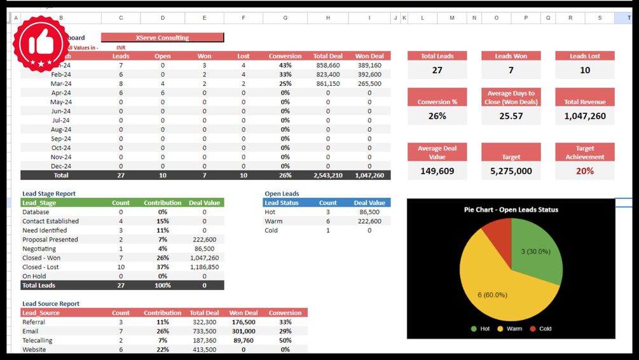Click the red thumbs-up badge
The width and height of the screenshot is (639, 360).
[x=42, y=44]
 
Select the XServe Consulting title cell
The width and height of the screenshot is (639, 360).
[x=162, y=38]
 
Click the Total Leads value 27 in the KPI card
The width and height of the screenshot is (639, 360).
[x=437, y=70]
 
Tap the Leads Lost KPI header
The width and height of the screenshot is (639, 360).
[x=584, y=56]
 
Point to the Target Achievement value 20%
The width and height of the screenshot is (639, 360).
[x=584, y=171]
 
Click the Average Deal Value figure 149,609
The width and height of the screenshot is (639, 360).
[x=437, y=171]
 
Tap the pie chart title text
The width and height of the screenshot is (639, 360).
[x=511, y=210]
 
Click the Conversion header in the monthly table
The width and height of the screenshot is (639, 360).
[x=285, y=56]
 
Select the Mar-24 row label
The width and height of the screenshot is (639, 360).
[x=61, y=83]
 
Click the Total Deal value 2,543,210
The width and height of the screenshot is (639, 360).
[x=328, y=175]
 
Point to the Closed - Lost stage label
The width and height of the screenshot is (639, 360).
[x=41, y=267]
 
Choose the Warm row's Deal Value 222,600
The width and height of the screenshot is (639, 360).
[x=369, y=221]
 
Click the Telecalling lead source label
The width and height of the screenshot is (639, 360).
[x=38, y=340]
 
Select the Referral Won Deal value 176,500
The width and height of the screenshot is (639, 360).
[x=244, y=322]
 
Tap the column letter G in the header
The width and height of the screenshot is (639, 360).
[x=285, y=18]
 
